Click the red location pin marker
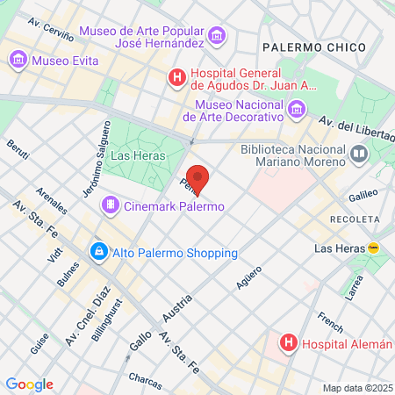pyautogui.click(x=197, y=179)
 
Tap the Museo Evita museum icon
pyautogui.click(x=18, y=61)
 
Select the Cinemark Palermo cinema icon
pyautogui.click(x=111, y=205)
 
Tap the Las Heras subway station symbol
pyautogui.click(x=373, y=248)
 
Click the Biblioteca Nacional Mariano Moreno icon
pyautogui.click(x=358, y=155)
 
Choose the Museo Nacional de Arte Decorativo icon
pyautogui.click(x=297, y=109)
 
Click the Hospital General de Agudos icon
pyautogui.click(x=177, y=78)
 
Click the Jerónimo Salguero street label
pyautogui.click(x=100, y=157)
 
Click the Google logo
pyautogui.click(x=29, y=384)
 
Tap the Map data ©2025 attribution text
pyautogui.click(x=356, y=388)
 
